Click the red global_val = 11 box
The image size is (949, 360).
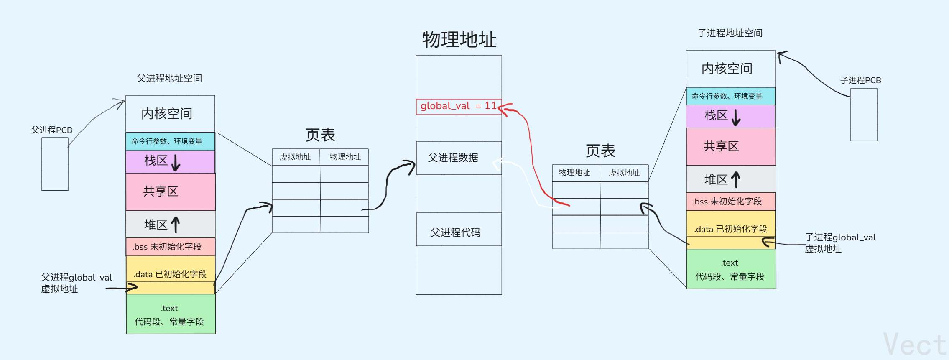[458, 106]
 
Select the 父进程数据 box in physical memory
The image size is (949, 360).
[458, 158]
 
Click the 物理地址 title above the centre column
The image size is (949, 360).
[459, 40]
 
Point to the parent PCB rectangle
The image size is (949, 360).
[55, 164]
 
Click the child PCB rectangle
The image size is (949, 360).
[864, 115]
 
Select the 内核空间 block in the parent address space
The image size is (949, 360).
[170, 114]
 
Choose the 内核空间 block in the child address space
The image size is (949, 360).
[730, 69]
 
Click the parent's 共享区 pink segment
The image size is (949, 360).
[170, 192]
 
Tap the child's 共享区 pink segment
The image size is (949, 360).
[730, 147]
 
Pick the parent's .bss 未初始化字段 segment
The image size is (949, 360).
[170, 247]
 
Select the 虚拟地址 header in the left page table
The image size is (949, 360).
[296, 157]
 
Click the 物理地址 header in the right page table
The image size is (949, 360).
[575, 173]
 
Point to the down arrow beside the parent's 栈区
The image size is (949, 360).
[176, 162]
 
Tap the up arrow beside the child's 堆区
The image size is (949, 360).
[736, 179]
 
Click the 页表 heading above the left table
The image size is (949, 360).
[320, 135]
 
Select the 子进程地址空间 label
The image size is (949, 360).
[730, 33]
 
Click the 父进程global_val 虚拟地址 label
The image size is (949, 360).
[76, 283]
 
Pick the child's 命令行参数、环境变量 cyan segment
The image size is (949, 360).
[730, 96]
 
